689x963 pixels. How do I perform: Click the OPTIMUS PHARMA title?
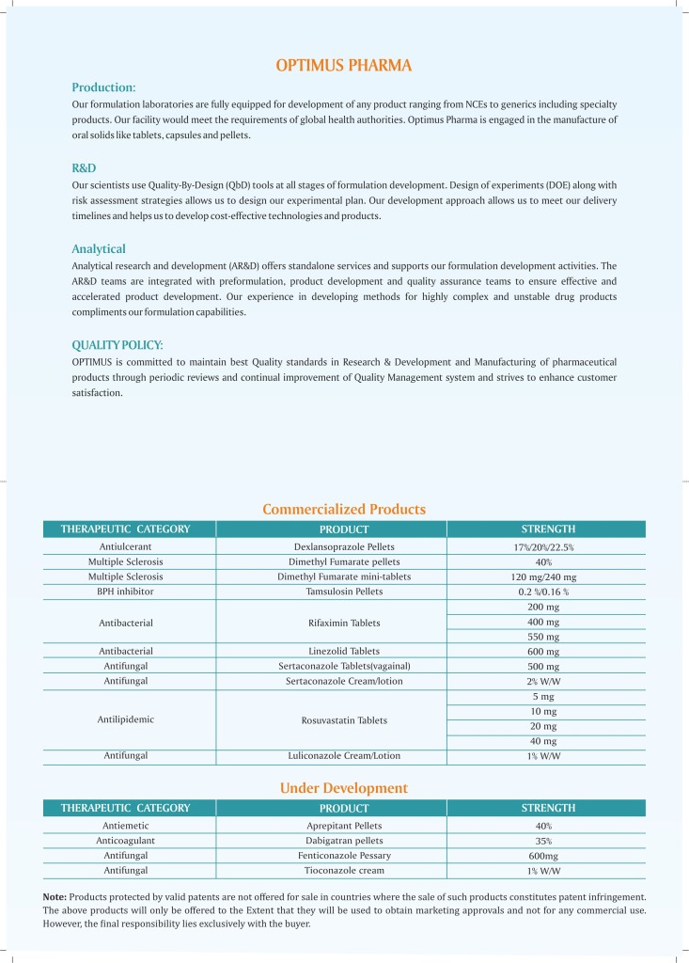[344, 65]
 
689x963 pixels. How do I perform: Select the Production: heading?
[104, 87]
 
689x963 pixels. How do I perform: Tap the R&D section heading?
[84, 168]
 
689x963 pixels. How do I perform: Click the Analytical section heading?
[99, 249]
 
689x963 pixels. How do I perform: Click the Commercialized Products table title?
[344, 509]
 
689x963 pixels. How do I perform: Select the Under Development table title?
[344, 788]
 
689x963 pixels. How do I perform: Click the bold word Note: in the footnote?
[55, 896]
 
